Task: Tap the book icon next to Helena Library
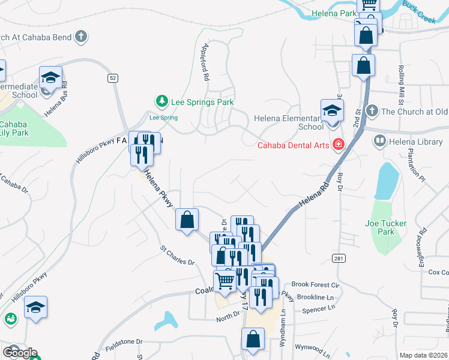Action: coord(379,142)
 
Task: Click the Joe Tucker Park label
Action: coord(385,227)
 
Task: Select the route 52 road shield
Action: coord(112,78)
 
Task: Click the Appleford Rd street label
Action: coord(205,64)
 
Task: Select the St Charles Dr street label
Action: coord(177,255)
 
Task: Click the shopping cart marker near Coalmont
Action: coord(224,280)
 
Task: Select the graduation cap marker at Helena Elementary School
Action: coord(331,110)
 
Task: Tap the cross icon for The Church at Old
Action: coord(372,111)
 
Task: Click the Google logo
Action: coord(20,352)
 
